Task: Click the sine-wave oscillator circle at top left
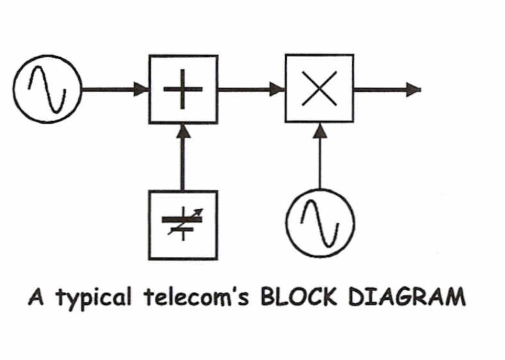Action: click(x=47, y=90)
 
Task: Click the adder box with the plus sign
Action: click(x=183, y=90)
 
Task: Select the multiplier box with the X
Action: click(x=319, y=90)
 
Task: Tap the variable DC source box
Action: click(x=183, y=224)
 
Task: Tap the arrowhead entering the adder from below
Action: click(x=183, y=131)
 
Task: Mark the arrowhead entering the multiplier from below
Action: click(x=319, y=131)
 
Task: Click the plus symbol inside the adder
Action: click(x=183, y=89)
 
